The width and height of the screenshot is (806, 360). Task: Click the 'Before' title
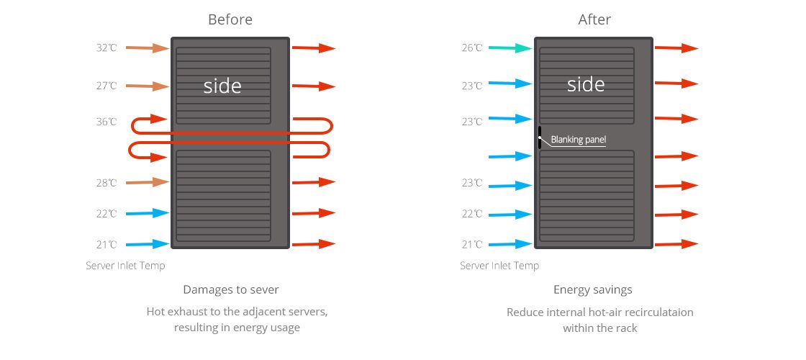(x=230, y=19)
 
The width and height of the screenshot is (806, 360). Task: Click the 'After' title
(x=594, y=19)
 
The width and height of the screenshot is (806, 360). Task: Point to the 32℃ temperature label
(x=107, y=48)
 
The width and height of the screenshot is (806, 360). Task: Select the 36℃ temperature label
(x=107, y=122)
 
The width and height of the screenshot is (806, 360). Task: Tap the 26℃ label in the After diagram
(x=472, y=48)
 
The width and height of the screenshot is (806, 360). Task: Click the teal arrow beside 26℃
(x=510, y=48)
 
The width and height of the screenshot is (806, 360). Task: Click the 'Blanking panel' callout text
(x=579, y=140)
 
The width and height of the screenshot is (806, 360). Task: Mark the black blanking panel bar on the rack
(x=539, y=138)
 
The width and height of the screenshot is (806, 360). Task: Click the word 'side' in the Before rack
(x=222, y=86)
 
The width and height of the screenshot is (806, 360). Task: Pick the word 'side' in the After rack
(x=586, y=84)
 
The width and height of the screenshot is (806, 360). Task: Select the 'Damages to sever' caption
(x=231, y=289)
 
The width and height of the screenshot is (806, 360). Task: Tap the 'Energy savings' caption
(x=593, y=290)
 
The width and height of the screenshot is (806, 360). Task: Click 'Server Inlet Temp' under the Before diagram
(x=125, y=266)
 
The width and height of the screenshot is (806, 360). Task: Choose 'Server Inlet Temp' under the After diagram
(x=499, y=266)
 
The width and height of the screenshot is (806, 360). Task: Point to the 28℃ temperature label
(x=107, y=183)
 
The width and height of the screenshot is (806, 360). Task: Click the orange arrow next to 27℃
(x=148, y=86)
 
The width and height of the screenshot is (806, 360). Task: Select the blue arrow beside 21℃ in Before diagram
(x=148, y=244)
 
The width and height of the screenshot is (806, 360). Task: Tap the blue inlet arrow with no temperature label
(x=510, y=156)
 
